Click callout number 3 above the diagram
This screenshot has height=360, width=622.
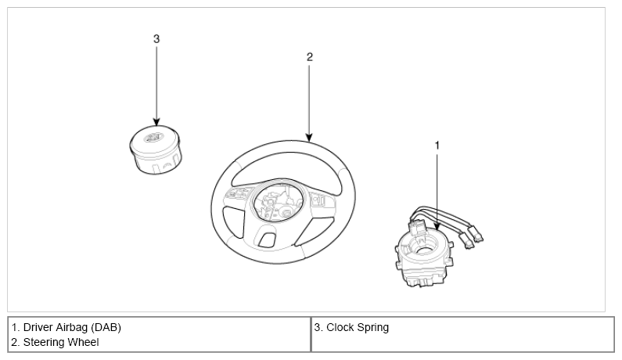(156, 39)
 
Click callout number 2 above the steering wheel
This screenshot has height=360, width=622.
(309, 57)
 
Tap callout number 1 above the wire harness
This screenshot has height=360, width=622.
(437, 146)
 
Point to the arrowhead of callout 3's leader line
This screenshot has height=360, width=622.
(156, 122)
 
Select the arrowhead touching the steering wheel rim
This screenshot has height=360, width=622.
(309, 137)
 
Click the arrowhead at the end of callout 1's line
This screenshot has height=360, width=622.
(437, 226)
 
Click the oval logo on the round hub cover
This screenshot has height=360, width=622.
(154, 137)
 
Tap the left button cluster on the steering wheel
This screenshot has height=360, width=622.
(237, 193)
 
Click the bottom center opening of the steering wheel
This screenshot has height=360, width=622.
(267, 239)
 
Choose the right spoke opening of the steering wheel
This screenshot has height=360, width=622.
(314, 231)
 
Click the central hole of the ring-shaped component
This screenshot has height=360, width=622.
(426, 250)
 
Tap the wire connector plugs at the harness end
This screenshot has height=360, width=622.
(471, 238)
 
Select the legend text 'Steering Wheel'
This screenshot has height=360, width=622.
(61, 342)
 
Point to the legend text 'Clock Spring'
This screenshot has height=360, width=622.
(358, 327)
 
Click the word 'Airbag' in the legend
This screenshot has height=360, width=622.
(71, 327)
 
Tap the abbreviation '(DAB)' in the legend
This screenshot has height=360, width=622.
(106, 327)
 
